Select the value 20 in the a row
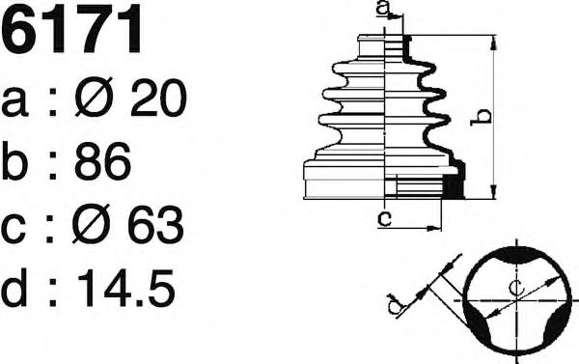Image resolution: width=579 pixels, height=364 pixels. pyautogui.click(x=159, y=98)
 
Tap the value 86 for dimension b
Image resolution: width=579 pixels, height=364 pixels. pyautogui.click(x=102, y=161)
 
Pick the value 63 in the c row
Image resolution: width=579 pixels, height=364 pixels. pyautogui.click(x=155, y=224)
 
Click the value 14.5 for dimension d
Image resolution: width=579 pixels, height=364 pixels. pyautogui.click(x=125, y=287)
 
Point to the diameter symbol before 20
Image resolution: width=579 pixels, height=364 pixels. pyautogui.click(x=95, y=98)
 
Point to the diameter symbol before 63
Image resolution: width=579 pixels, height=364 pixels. pyautogui.click(x=91, y=224)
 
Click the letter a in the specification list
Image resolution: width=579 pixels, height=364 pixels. pyautogui.click(x=14, y=102)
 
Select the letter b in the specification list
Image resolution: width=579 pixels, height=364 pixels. pyautogui.click(x=14, y=161)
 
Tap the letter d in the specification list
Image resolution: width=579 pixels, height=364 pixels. pyautogui.click(x=14, y=287)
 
